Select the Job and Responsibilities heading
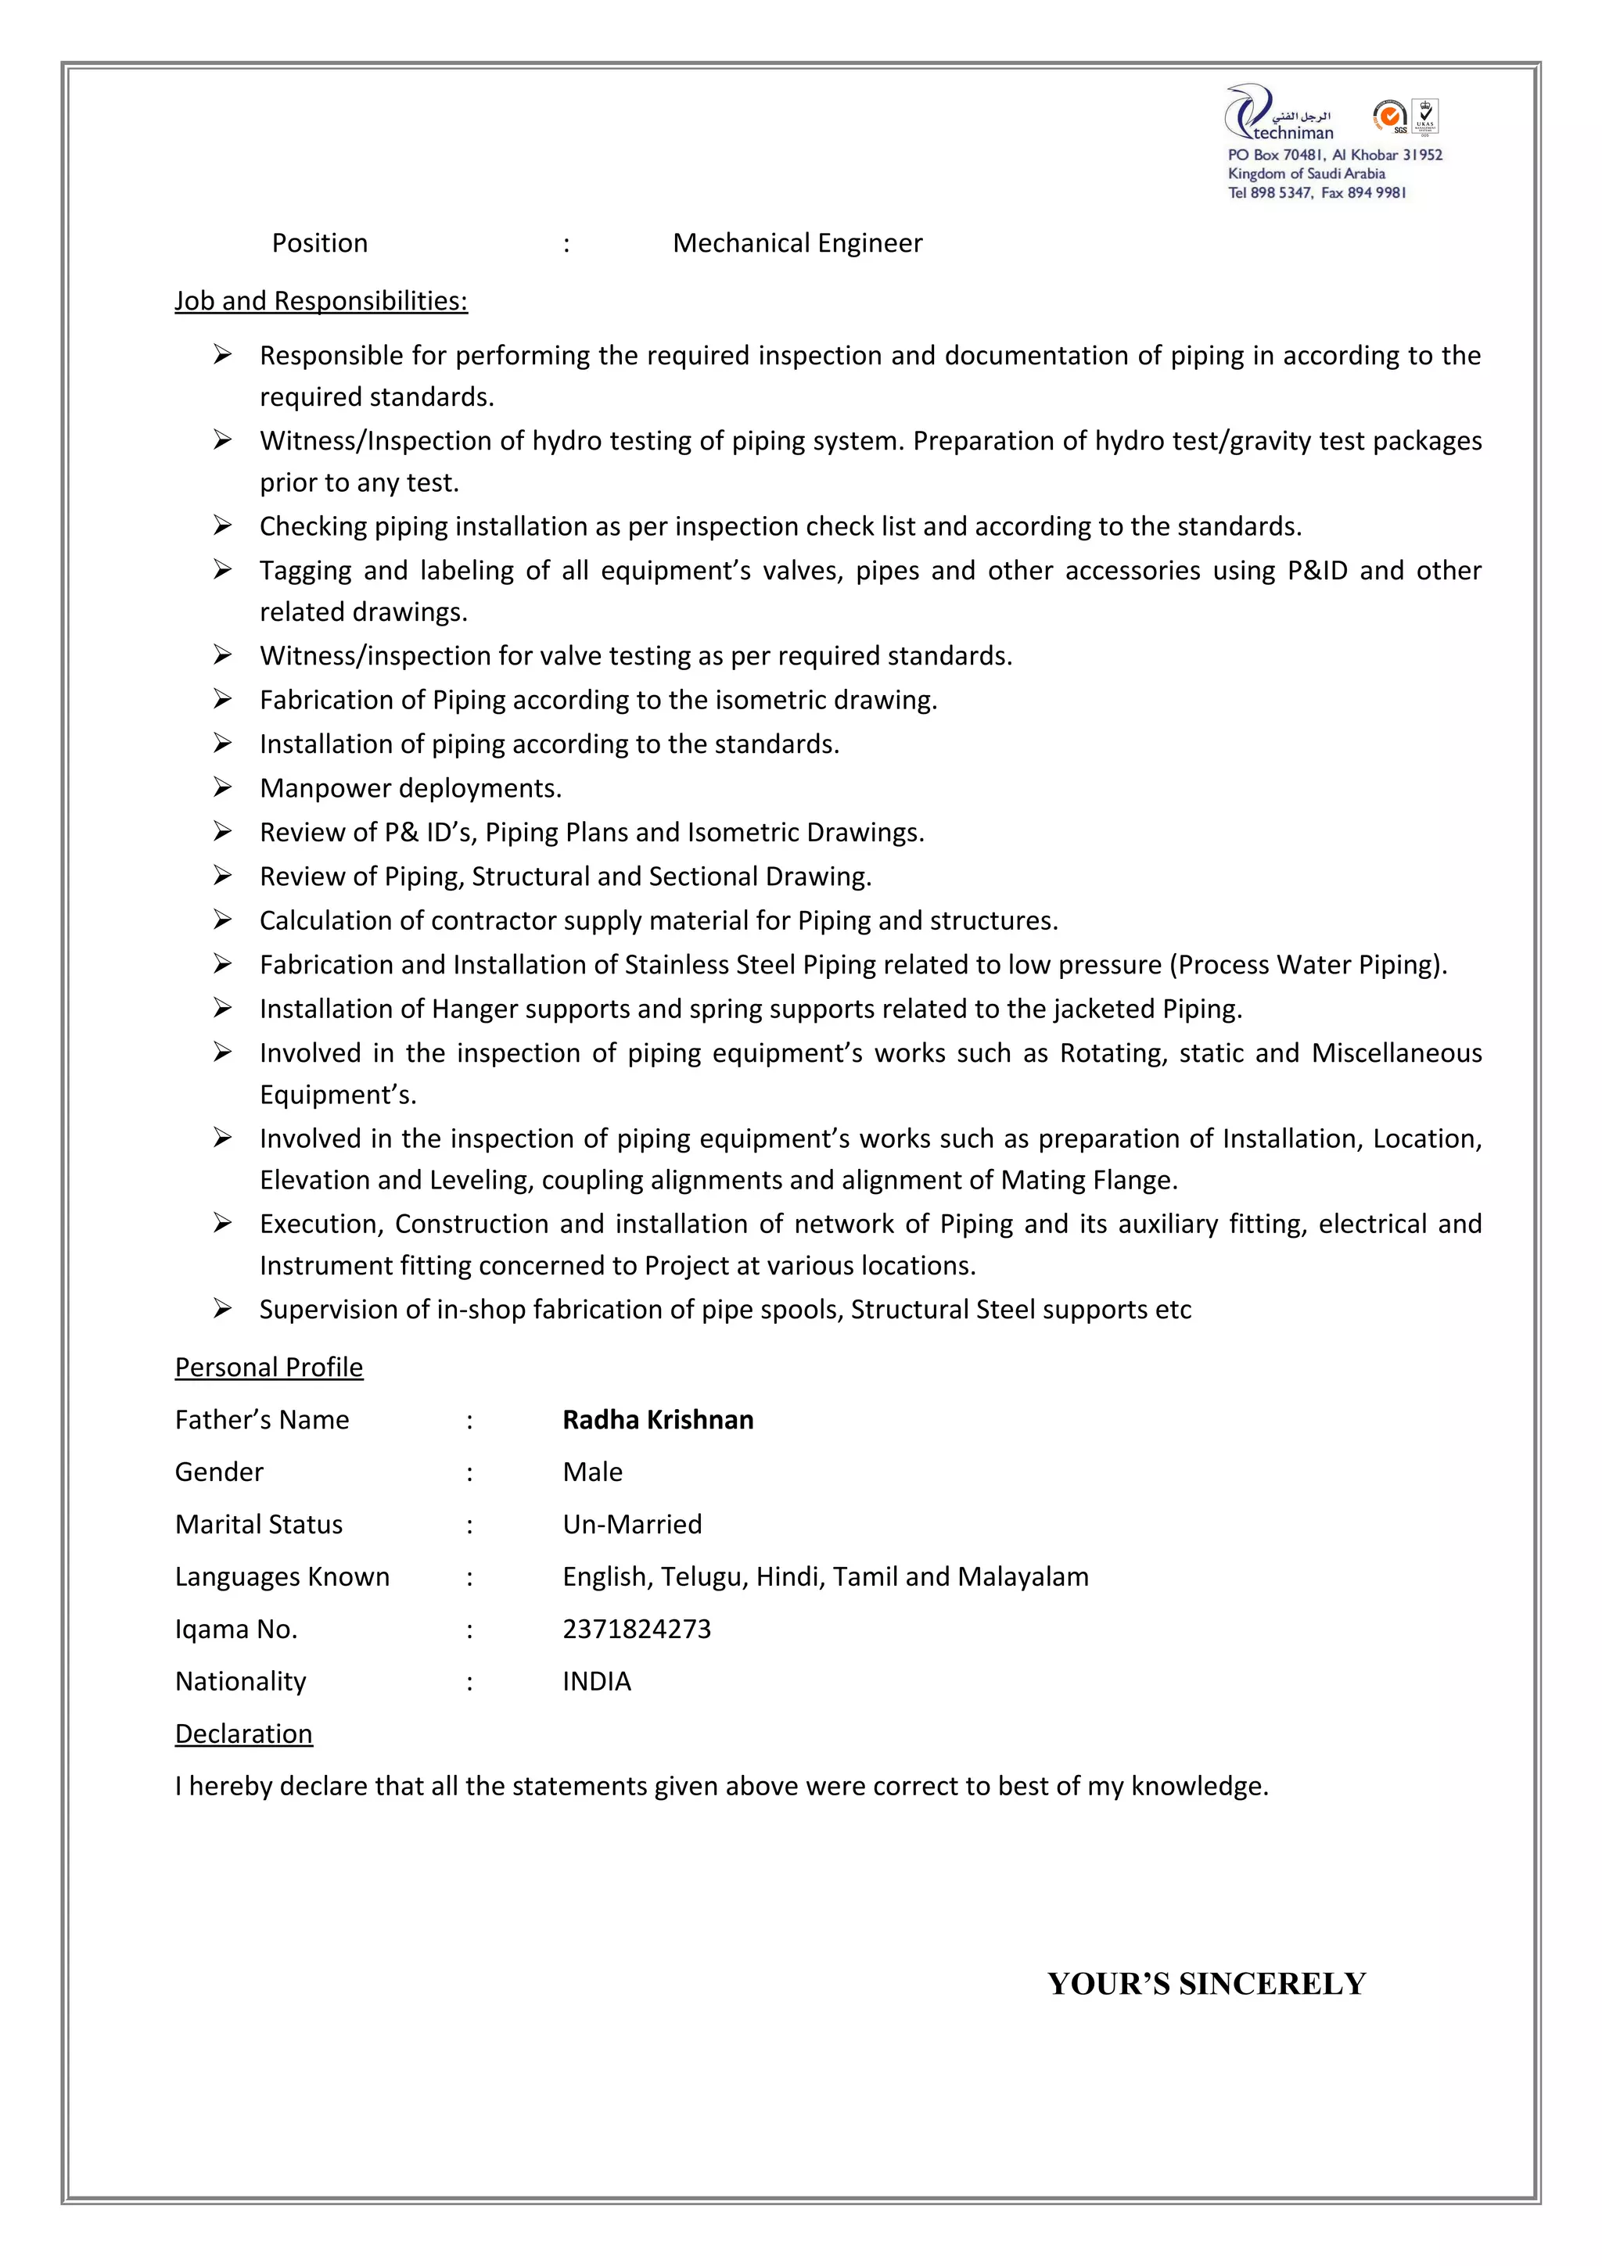click(321, 300)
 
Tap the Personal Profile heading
click(268, 1367)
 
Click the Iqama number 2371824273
click(637, 1629)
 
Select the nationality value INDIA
click(596, 1681)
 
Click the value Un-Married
click(632, 1524)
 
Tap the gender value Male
click(592, 1472)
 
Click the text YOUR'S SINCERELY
click(1206, 1984)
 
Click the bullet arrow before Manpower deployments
click(222, 787)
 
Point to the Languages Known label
click(282, 1576)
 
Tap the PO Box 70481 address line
click(1334, 155)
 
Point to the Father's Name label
click(261, 1419)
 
